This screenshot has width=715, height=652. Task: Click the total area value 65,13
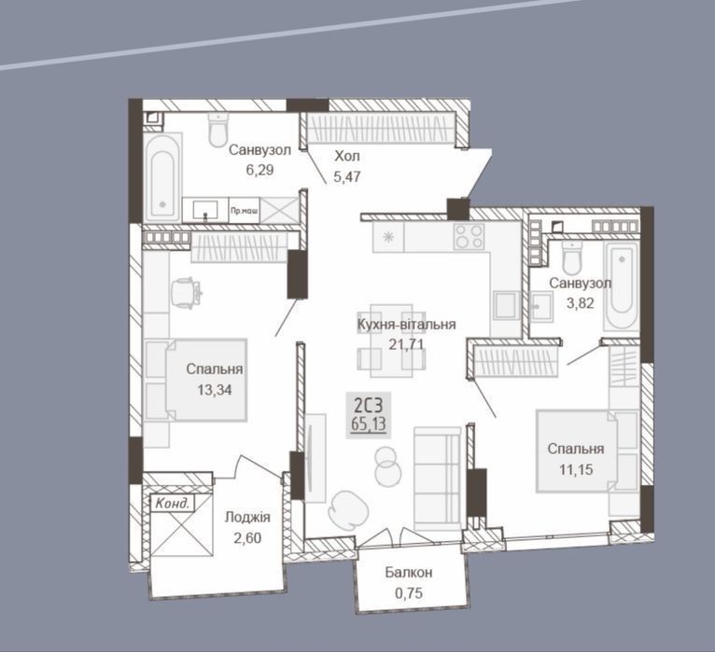[x=369, y=424]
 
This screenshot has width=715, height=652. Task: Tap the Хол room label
[x=347, y=157]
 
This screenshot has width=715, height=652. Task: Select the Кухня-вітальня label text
[x=406, y=325]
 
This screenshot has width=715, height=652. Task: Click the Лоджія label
[x=247, y=517]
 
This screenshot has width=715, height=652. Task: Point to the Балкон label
[x=409, y=573]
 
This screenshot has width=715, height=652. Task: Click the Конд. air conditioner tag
[x=172, y=504]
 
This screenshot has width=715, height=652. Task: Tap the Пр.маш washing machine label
[x=244, y=211]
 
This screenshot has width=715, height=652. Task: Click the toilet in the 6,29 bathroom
[x=218, y=130]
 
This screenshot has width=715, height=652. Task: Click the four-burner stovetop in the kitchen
[x=469, y=237]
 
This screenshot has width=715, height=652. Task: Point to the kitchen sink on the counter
[x=506, y=305]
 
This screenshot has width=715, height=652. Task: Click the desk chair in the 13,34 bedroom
[x=186, y=293]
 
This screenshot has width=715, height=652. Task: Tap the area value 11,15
[x=576, y=469]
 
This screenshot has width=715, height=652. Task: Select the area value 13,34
[x=215, y=390]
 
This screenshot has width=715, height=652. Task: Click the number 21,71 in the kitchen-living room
[x=406, y=344]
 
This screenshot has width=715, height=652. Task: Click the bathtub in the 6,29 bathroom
[x=161, y=178]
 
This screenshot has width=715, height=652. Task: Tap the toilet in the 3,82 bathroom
[x=572, y=257]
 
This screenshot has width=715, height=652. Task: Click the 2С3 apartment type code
[x=369, y=404]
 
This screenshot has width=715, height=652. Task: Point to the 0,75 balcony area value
[x=409, y=592]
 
